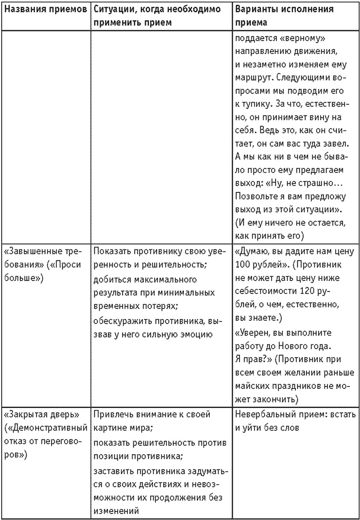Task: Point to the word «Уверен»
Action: tap(254, 333)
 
